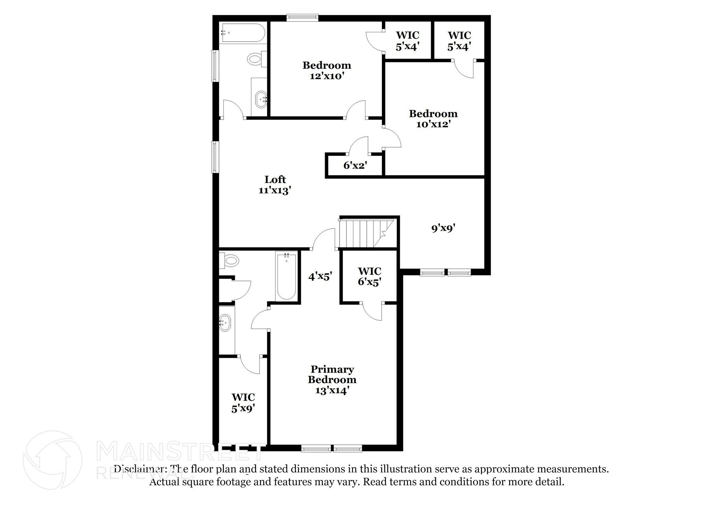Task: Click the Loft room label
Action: pyautogui.click(x=275, y=179)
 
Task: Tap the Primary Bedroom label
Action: pyautogui.click(x=332, y=374)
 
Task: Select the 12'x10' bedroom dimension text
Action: pyautogui.click(x=327, y=76)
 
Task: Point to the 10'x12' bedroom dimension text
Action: pyautogui.click(x=433, y=124)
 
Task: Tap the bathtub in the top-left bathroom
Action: pyautogui.click(x=243, y=33)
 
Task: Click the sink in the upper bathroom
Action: pyautogui.click(x=261, y=99)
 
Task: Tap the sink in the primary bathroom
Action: pyautogui.click(x=225, y=323)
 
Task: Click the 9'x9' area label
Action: pyautogui.click(x=443, y=228)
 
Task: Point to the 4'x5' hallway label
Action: pyautogui.click(x=320, y=276)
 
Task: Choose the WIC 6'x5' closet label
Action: pyautogui.click(x=370, y=276)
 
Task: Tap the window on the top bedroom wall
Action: pyautogui.click(x=302, y=18)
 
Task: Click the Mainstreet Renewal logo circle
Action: pyautogui.click(x=53, y=460)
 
